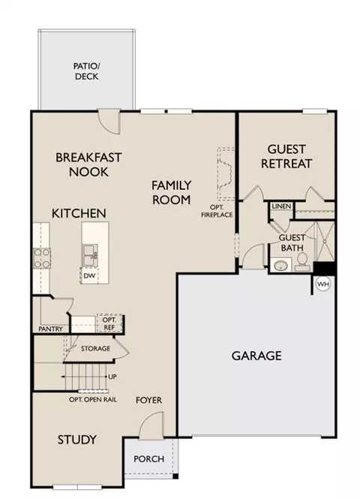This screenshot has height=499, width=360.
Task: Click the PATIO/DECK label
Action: [86, 71]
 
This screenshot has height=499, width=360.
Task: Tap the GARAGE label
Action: [256, 356]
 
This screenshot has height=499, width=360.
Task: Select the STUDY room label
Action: [77, 440]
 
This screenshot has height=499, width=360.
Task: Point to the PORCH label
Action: [148, 459]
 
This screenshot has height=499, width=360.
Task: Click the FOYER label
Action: [148, 400]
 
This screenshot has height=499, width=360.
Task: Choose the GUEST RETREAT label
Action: [286, 156]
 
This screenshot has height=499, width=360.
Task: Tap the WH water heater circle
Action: [323, 284]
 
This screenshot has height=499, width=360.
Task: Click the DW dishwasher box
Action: [89, 275]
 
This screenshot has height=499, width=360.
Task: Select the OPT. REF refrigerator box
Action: [109, 323]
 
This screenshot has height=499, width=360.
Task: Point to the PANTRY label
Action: [50, 329]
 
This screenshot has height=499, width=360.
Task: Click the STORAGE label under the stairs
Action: [95, 348]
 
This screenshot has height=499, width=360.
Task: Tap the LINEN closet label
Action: [281, 206]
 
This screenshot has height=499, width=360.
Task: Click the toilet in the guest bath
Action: [302, 262]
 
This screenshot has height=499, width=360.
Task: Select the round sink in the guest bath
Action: [280, 265]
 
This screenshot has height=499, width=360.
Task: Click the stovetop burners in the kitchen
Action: [42, 258]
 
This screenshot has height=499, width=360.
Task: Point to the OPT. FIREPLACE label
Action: [217, 212]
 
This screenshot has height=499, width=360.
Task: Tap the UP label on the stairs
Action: [112, 377]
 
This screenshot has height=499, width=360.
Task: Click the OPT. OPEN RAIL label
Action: [93, 400]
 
